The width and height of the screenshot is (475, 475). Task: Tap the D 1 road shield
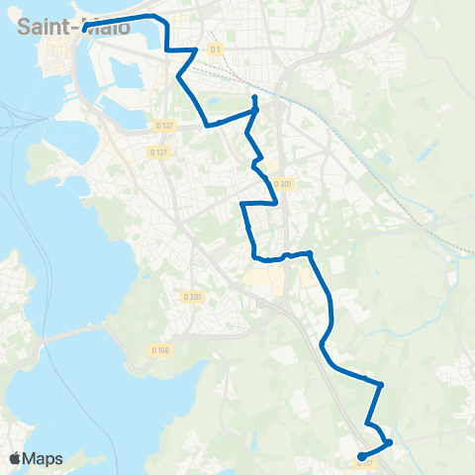coord(216,48)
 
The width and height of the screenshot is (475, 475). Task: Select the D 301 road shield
coord(285,183)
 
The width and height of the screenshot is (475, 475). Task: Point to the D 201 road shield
coord(192,297)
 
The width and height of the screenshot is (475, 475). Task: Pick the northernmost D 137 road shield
coord(165,125)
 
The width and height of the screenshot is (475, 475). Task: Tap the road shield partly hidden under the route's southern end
coord(365,461)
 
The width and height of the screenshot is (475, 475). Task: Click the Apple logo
coord(15,458)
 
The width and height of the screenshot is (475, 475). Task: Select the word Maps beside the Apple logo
coord(43,458)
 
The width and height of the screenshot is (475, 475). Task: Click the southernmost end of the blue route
coord(361,456)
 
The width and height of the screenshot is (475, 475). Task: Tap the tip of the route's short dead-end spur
coord(254,97)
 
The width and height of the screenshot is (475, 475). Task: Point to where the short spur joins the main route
coord(255,111)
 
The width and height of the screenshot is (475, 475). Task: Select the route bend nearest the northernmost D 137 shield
coord(206,125)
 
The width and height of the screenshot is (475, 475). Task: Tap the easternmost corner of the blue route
coord(390,442)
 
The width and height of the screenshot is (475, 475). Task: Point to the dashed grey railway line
coord(416,213)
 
